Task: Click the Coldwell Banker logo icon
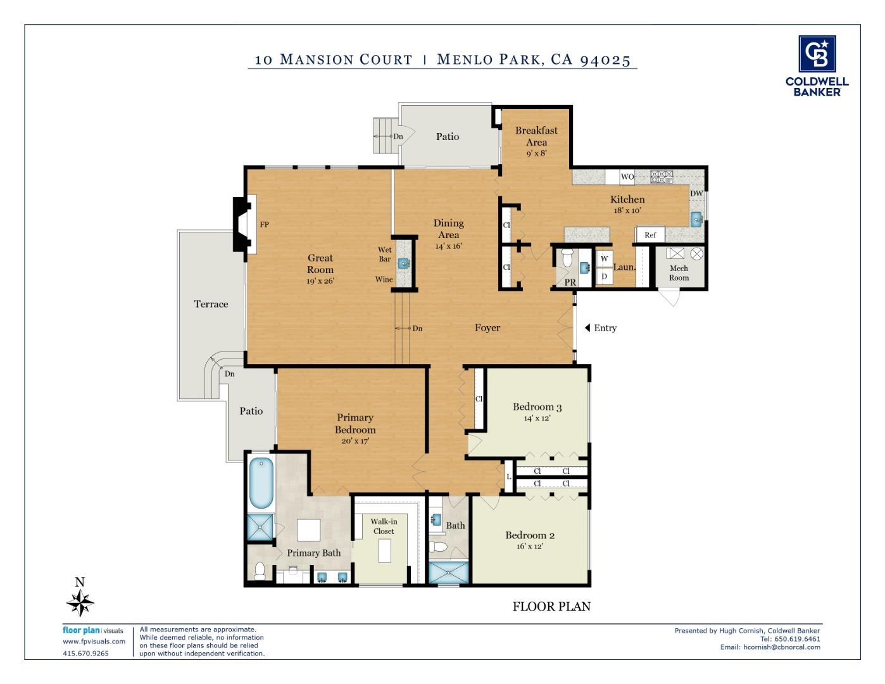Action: pos(817,54)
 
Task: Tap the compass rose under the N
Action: pos(80,602)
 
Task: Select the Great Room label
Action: pos(320,263)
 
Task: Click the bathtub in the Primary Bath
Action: pos(261,483)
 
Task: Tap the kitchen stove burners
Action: pos(662,177)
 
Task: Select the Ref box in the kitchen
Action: pos(650,235)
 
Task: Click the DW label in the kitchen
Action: pos(696,194)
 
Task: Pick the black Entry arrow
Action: pos(587,328)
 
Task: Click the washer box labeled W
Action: pos(604,258)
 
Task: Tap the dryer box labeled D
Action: pos(604,276)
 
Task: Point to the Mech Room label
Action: pos(679,273)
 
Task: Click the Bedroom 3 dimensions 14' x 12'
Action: pos(537,418)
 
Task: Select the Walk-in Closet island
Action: pos(385,551)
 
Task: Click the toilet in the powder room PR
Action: pos(567,257)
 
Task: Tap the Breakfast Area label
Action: pos(536,136)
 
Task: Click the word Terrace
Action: pos(211,304)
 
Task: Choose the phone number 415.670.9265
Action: pos(85,654)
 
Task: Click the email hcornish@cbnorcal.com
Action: pos(770,647)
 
